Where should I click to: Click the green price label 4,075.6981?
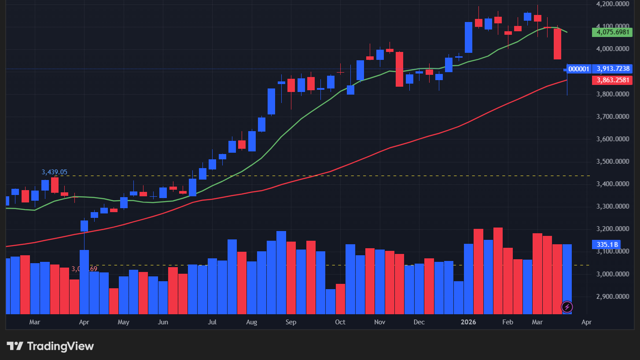tap(612, 32)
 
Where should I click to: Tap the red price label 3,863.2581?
tap(612, 81)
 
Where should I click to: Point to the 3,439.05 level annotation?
tap(54, 172)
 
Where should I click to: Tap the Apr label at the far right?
tap(586, 322)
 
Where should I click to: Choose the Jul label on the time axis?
tap(212, 322)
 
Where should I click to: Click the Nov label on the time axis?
tap(380, 322)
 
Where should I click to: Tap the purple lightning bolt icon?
tap(567, 306)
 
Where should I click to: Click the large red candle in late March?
tap(557, 44)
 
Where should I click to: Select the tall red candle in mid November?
tap(400, 69)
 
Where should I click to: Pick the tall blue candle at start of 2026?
tap(469, 37)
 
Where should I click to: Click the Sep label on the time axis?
tap(291, 322)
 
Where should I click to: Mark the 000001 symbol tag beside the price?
tap(578, 69)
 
